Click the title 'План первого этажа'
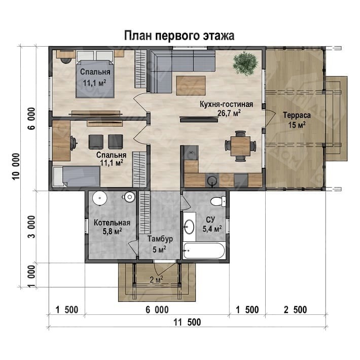pos(179,36)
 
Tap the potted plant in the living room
pos(245,63)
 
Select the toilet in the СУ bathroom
pos(219,201)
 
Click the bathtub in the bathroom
pos(204,250)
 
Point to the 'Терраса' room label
pos(297,115)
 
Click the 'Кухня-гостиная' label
pos(226,104)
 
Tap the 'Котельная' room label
pos(112,223)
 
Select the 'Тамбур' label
pos(160,239)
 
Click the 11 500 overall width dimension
pos(187,322)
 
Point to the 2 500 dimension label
pos(295,310)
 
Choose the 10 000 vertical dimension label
pos(16,167)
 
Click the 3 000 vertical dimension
pos(31,226)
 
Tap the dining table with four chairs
pos(240,146)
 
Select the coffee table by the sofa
pos(191,85)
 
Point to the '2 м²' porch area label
pos(156,279)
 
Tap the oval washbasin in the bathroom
pos(189,227)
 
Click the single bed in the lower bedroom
pos(77,176)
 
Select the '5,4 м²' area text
pos(212,229)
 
